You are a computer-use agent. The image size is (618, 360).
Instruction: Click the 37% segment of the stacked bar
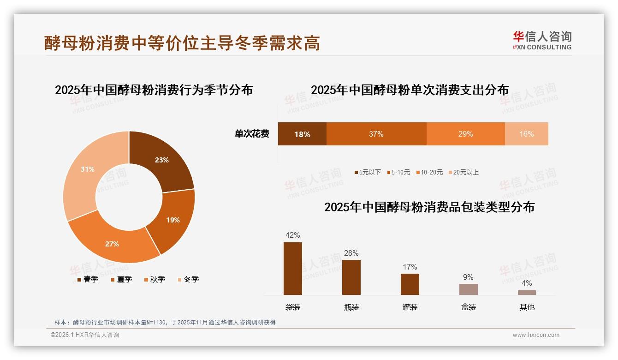click(x=376, y=134)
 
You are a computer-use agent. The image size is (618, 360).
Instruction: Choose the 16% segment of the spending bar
click(x=526, y=134)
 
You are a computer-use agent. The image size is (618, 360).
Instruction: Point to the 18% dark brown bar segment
click(x=302, y=134)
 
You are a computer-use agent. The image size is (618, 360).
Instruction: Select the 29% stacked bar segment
click(x=465, y=134)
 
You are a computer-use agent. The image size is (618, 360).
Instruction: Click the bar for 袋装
click(x=293, y=268)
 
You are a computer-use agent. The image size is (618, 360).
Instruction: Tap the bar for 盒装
click(x=468, y=289)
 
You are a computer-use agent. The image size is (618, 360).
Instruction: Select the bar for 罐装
click(x=410, y=284)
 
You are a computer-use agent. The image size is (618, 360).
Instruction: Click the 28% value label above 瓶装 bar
click(x=351, y=253)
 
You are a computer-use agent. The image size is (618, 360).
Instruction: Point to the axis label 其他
click(x=527, y=307)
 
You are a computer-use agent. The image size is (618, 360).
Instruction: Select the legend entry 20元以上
click(x=465, y=172)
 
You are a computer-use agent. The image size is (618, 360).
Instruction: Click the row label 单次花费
click(x=252, y=134)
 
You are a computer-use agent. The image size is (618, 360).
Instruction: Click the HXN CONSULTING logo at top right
click(x=542, y=41)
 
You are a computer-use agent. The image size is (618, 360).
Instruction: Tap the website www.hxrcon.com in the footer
click(x=536, y=335)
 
